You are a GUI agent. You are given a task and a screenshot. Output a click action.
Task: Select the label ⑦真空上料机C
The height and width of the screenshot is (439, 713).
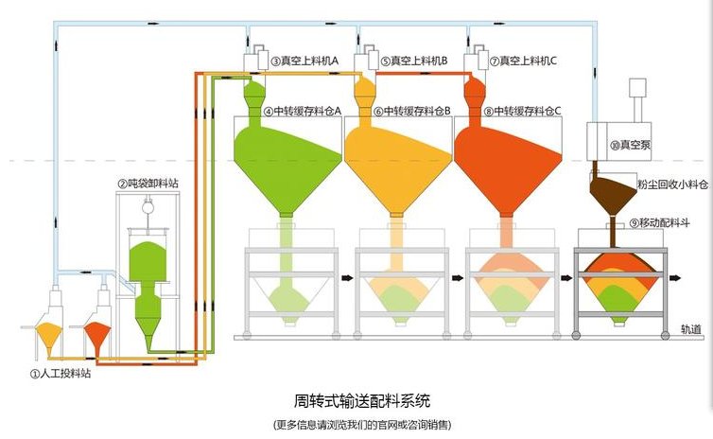(x=523, y=61)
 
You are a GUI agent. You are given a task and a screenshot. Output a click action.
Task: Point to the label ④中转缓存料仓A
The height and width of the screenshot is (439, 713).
(x=303, y=111)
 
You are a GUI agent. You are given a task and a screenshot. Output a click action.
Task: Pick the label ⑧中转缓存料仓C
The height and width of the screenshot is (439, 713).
(x=522, y=111)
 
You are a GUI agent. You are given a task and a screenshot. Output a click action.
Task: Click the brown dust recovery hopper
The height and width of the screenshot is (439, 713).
(x=614, y=195)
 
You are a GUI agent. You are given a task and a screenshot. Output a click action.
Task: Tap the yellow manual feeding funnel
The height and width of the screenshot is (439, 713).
(x=50, y=334)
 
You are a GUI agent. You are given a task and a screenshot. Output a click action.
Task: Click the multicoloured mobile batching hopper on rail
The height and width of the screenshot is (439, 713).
(x=620, y=284)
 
